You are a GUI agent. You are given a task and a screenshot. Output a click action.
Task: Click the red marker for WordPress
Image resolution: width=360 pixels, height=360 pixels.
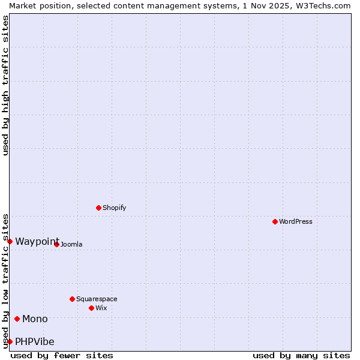(275, 221)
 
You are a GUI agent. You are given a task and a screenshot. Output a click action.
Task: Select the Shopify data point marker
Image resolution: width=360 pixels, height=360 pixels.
(98, 208)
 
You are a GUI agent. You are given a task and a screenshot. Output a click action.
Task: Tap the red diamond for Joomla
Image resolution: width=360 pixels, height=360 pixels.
(56, 244)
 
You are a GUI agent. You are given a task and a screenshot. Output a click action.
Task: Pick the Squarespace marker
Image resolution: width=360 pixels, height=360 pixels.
(72, 299)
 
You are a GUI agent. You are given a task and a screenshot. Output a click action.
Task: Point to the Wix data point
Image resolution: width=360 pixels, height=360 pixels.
(91, 308)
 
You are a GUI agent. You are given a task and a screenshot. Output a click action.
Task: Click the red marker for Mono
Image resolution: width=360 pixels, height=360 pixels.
(17, 319)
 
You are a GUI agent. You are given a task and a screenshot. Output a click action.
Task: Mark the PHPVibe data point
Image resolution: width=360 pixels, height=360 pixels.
(10, 341)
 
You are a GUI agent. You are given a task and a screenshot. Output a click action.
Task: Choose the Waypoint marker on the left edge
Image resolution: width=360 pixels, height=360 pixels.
(10, 241)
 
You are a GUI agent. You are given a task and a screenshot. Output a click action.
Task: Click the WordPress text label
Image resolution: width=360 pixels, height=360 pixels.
(296, 221)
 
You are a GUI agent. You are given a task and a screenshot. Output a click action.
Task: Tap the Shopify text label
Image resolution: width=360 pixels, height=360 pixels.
(115, 208)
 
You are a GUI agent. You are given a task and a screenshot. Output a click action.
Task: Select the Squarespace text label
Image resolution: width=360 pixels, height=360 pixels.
(97, 299)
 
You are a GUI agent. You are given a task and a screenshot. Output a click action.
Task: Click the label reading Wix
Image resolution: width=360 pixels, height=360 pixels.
(101, 308)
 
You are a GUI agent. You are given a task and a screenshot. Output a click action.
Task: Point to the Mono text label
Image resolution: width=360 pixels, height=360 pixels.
(35, 319)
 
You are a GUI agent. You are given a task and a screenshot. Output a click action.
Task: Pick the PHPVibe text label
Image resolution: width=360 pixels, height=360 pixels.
(35, 341)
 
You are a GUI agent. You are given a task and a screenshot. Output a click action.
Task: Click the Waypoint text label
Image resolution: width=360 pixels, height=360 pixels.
(37, 241)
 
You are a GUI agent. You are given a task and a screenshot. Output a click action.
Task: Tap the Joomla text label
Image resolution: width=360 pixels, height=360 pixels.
(71, 244)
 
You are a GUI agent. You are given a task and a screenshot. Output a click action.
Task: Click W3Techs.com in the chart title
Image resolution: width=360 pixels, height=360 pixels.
(322, 5)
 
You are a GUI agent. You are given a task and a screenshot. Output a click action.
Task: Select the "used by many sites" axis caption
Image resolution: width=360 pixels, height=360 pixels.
(301, 355)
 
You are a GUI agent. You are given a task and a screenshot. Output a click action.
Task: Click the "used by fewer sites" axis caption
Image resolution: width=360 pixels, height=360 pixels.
(62, 355)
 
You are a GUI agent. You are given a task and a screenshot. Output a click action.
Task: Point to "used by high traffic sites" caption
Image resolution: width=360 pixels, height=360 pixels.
(5, 85)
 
